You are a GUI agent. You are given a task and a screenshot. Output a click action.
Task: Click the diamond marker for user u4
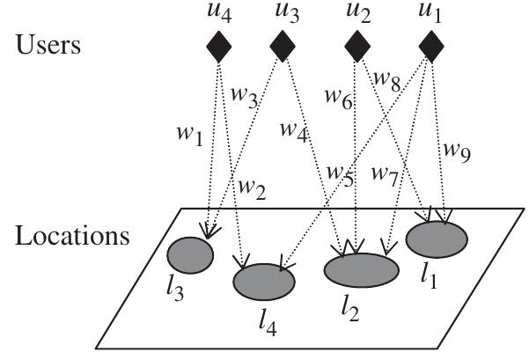[x=219, y=46]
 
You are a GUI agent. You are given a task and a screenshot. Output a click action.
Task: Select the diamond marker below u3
[x=282, y=46]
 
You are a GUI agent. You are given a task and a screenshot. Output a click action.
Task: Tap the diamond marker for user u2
[x=356, y=46]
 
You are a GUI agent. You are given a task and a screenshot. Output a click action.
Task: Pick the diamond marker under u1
[x=430, y=46]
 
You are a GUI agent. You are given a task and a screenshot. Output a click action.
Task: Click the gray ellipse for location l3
[x=190, y=254]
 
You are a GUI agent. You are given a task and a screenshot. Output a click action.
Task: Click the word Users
[x=48, y=44]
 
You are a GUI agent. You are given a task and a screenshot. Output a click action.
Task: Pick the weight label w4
[x=295, y=130]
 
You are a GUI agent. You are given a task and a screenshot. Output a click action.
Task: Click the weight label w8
[x=387, y=81]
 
